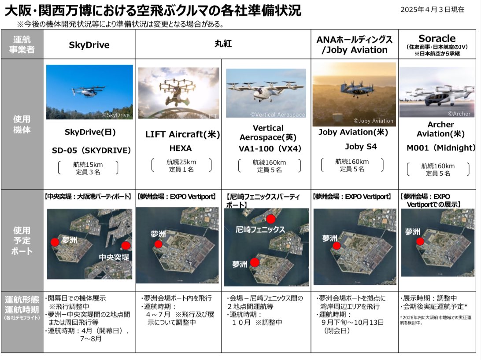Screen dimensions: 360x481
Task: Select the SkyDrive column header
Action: [89, 45]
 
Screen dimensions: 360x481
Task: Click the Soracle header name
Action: [437, 38]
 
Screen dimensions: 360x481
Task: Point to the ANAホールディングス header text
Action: [354, 40]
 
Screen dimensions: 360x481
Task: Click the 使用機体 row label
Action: [22, 124]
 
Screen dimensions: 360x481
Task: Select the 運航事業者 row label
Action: [22, 44]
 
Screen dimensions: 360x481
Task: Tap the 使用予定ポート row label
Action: [22, 241]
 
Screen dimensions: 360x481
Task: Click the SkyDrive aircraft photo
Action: [89, 92]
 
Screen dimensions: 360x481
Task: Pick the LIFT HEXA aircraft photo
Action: [178, 93]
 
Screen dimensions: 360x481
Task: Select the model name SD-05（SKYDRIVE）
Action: [92, 151]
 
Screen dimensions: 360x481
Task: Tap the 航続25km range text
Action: [181, 162]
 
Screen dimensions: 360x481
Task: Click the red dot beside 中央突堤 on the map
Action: [126, 245]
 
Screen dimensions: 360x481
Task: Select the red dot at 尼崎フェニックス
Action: [270, 219]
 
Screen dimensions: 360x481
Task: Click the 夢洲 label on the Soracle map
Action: [412, 232]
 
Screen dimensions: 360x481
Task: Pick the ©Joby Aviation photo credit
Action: [374, 121]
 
